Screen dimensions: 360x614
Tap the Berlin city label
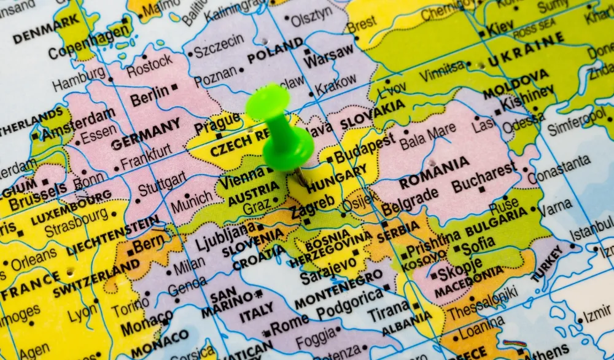(x=149, y=95)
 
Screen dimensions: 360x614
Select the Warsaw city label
(x=330, y=59)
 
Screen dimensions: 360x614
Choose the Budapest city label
(x=365, y=148)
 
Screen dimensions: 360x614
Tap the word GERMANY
(x=146, y=133)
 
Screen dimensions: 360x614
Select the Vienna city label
(x=241, y=181)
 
